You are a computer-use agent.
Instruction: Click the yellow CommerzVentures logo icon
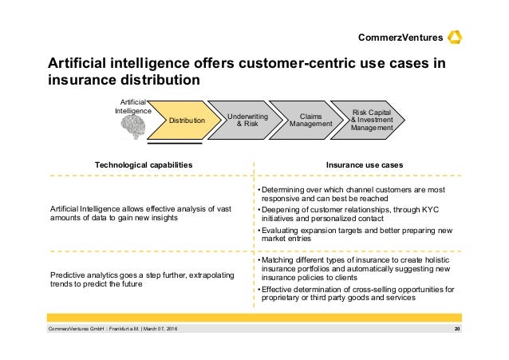point(456,38)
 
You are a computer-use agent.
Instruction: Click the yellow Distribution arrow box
point(183,121)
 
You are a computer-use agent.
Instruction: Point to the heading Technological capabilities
point(144,164)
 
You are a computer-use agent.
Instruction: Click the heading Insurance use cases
point(364,164)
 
